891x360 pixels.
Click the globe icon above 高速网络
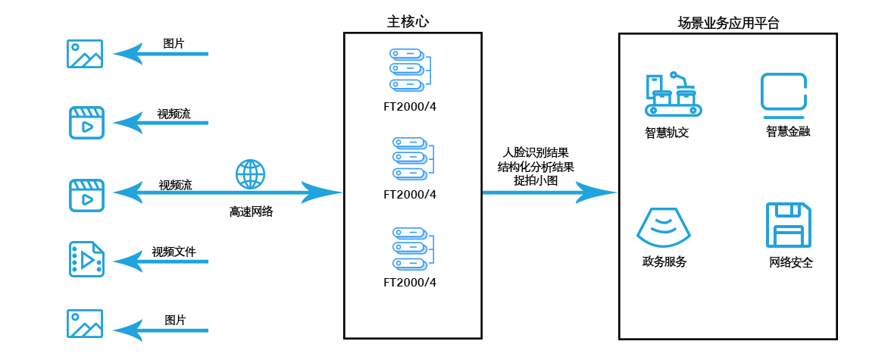click(x=251, y=174)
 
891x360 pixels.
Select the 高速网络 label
click(x=251, y=212)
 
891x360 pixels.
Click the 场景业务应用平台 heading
click(x=729, y=23)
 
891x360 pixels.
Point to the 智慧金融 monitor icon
click(x=783, y=93)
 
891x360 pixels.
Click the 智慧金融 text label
click(x=788, y=132)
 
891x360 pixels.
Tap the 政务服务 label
click(x=664, y=262)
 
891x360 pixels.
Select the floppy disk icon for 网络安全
click(x=789, y=225)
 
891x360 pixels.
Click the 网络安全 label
click(x=791, y=263)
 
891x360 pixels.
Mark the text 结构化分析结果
click(x=535, y=167)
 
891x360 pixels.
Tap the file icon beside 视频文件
click(x=86, y=260)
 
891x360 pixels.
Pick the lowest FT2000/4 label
click(x=410, y=283)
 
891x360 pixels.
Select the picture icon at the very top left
click(x=84, y=54)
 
